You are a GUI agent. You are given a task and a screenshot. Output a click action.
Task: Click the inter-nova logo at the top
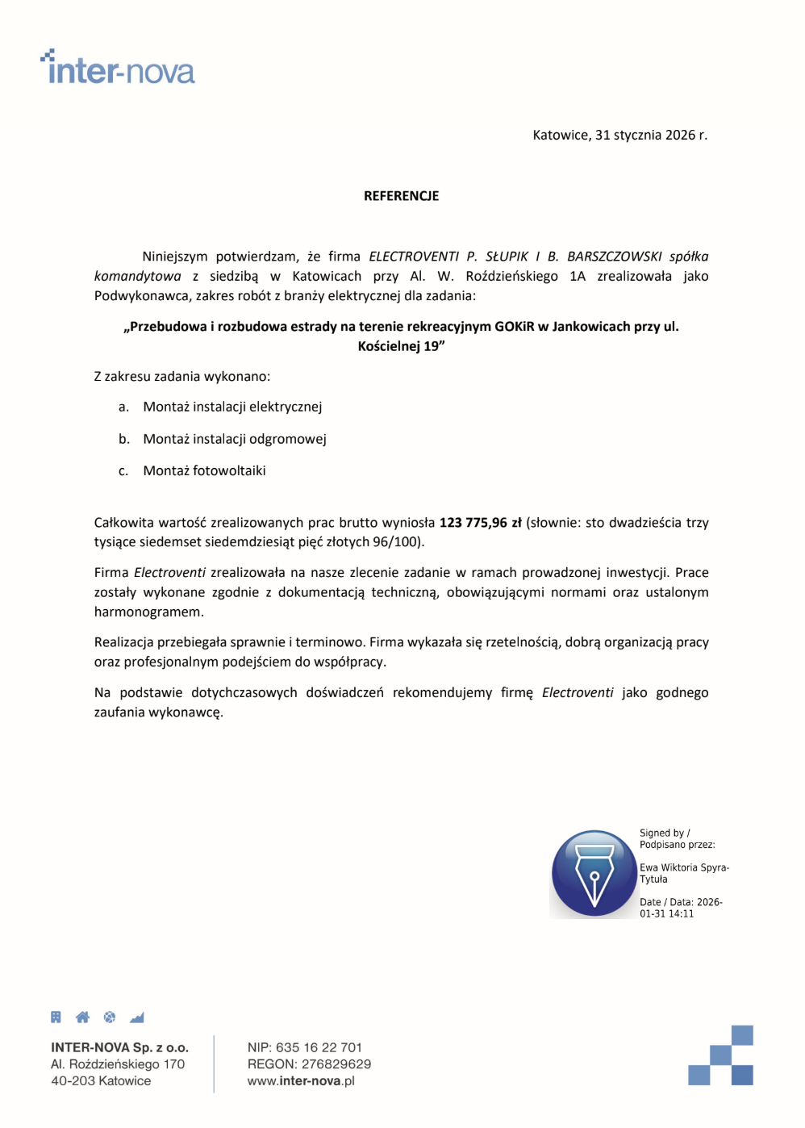[118, 68]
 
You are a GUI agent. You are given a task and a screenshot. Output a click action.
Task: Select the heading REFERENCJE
[401, 196]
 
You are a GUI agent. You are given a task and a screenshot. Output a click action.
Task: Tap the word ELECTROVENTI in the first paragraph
[414, 257]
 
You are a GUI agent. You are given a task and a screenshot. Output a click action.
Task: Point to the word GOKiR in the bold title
[514, 327]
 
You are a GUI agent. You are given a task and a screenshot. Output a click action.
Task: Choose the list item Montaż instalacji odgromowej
[234, 439]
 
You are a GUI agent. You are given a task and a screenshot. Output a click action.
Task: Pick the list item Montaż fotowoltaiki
[204, 470]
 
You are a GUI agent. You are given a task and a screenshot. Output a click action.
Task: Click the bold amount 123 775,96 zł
[480, 523]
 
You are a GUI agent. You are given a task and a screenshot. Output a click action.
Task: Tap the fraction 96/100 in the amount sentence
[395, 542]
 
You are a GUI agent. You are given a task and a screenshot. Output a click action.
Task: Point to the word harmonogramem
[148, 612]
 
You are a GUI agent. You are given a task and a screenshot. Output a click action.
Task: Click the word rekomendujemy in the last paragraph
[442, 692]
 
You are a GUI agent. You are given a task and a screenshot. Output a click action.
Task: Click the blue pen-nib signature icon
[594, 874]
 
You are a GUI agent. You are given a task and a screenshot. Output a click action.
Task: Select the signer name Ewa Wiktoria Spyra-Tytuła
[683, 873]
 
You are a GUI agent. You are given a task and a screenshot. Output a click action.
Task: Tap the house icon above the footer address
[82, 1017]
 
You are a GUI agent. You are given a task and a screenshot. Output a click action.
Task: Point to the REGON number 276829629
[336, 1064]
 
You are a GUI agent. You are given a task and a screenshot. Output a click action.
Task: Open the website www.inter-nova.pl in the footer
[301, 1081]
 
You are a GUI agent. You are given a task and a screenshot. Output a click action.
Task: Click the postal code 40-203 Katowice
[101, 1081]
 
